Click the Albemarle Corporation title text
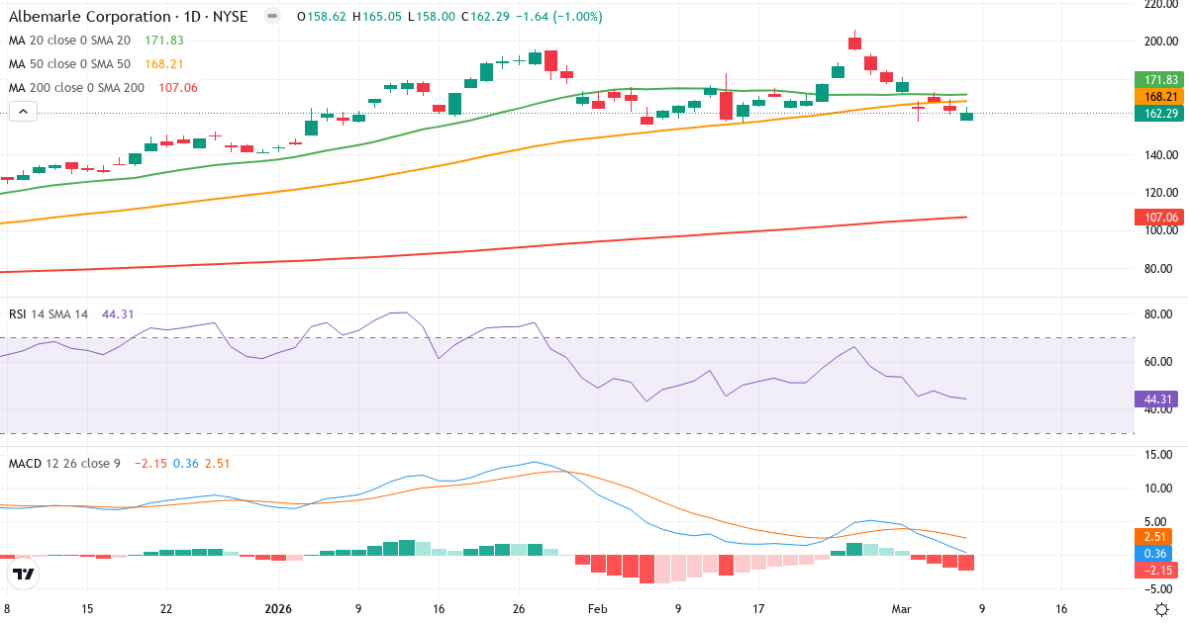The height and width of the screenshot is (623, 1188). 89,17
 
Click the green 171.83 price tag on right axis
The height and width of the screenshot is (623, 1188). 1159,79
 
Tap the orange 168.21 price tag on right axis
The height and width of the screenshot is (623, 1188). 1159,97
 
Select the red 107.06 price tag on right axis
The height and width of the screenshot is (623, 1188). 1159,218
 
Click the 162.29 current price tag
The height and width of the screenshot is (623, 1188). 1159,114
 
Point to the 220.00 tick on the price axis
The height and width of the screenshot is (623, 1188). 1159,5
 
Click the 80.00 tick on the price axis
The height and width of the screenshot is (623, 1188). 1159,268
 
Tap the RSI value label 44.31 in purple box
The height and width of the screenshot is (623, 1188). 1159,400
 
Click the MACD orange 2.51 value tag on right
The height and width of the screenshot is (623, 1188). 1159,536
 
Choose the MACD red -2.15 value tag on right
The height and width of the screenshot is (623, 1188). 1159,571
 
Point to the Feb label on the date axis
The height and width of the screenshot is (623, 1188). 597,609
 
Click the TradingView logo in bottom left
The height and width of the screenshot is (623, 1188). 24,574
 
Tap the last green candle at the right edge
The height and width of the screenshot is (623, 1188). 966,116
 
